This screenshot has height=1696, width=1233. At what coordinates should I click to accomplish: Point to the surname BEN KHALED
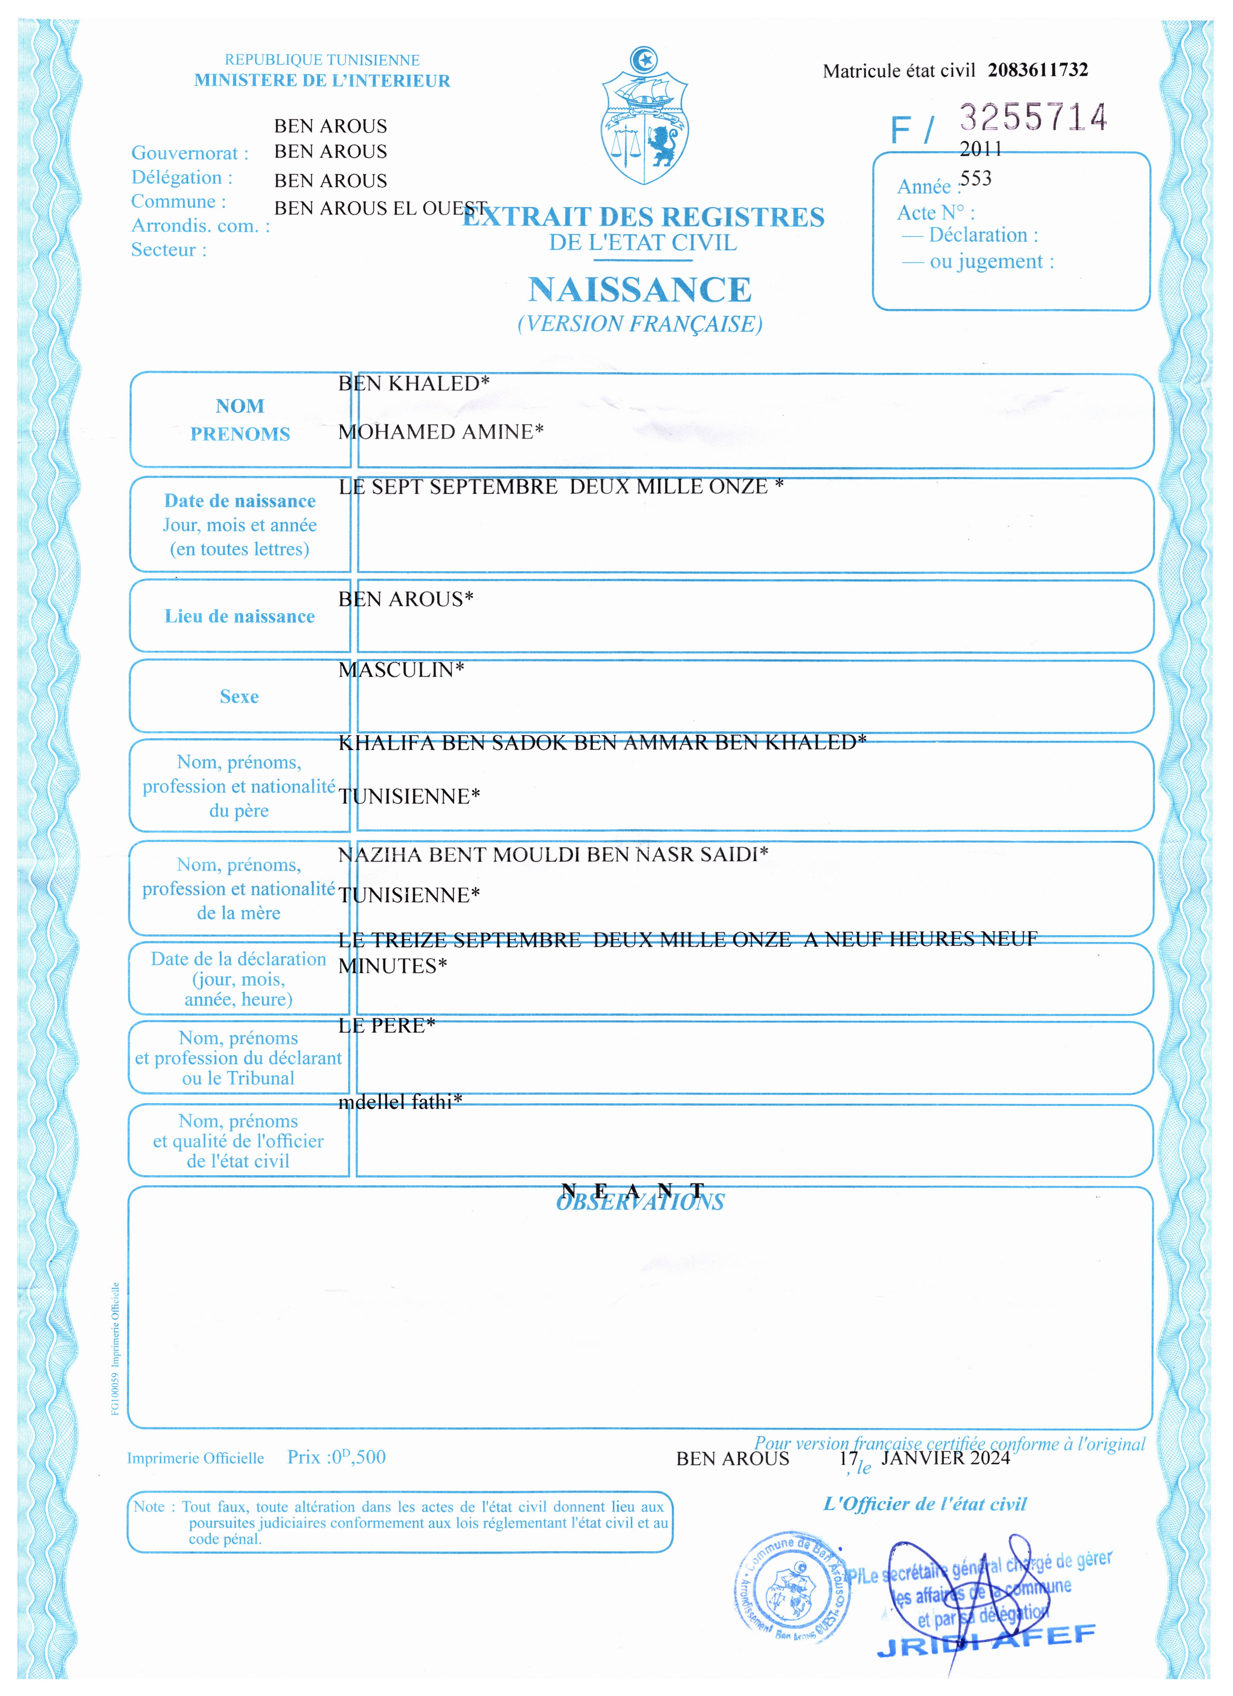pos(413,384)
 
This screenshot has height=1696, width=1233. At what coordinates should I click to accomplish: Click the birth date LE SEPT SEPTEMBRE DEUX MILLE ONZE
pos(560,487)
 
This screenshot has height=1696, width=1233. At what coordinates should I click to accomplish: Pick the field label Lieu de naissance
pos(239,616)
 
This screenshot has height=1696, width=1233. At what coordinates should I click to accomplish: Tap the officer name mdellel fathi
pos(400,1101)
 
